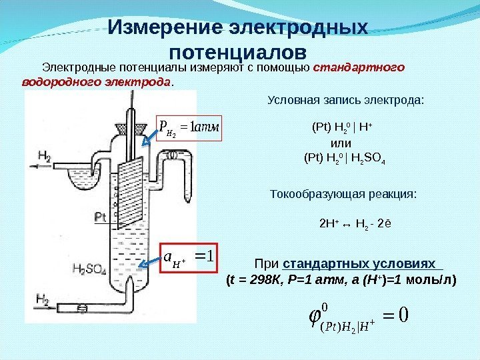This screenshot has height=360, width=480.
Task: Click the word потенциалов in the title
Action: tap(239, 52)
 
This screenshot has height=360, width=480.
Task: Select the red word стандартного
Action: tap(359, 67)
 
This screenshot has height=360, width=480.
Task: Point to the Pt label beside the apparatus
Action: tap(101, 217)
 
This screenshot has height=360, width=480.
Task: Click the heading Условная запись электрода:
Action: tap(345, 101)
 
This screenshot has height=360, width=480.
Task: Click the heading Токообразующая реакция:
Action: tap(344, 194)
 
